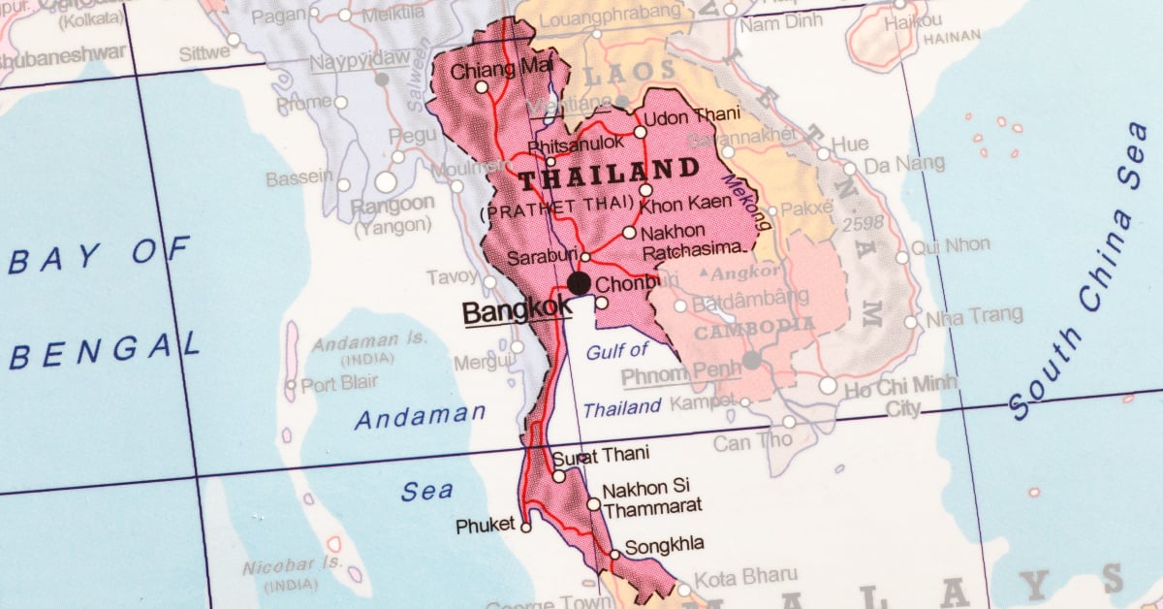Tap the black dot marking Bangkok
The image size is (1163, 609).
pos(580,283)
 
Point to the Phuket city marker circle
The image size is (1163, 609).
pos(525,528)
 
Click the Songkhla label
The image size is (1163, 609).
pos(664,544)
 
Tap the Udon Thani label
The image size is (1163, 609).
pos(692,116)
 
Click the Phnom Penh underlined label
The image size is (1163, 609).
pos(681,374)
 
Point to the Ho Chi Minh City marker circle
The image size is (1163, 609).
pos(828,386)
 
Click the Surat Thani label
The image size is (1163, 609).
pos(601,455)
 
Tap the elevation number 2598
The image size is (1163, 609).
pos(863,223)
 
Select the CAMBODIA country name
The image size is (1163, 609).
pos(754,328)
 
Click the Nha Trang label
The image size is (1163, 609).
pos(974,316)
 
